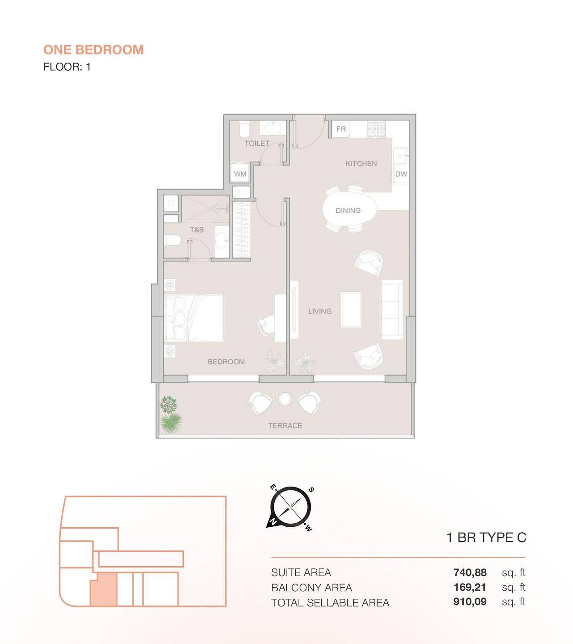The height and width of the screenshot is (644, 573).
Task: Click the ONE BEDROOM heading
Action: tap(93, 50)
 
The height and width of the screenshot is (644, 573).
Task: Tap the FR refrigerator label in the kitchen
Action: tap(341, 129)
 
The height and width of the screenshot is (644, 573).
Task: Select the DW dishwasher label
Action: tap(401, 174)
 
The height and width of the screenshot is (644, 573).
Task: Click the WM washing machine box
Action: tap(240, 174)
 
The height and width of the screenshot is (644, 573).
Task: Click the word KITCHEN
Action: tap(361, 163)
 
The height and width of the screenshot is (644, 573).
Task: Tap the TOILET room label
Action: tap(257, 143)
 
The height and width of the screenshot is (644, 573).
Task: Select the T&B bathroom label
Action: tap(197, 229)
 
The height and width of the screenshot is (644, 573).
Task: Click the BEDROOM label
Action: tap(226, 361)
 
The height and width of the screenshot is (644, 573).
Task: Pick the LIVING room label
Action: tap(319, 311)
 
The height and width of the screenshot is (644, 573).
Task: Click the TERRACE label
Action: tap(285, 425)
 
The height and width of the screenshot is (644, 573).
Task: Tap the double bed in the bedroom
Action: tap(194, 318)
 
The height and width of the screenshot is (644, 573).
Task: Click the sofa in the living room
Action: tap(392, 309)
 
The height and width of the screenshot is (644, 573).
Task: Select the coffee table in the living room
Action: tap(351, 309)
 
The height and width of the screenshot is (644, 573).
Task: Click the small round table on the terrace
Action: tap(285, 399)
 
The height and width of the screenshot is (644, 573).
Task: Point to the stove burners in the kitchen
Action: tap(377, 129)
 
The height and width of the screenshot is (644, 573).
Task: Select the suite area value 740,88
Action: tap(470, 572)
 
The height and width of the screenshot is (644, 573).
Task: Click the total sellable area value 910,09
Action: tap(470, 602)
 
